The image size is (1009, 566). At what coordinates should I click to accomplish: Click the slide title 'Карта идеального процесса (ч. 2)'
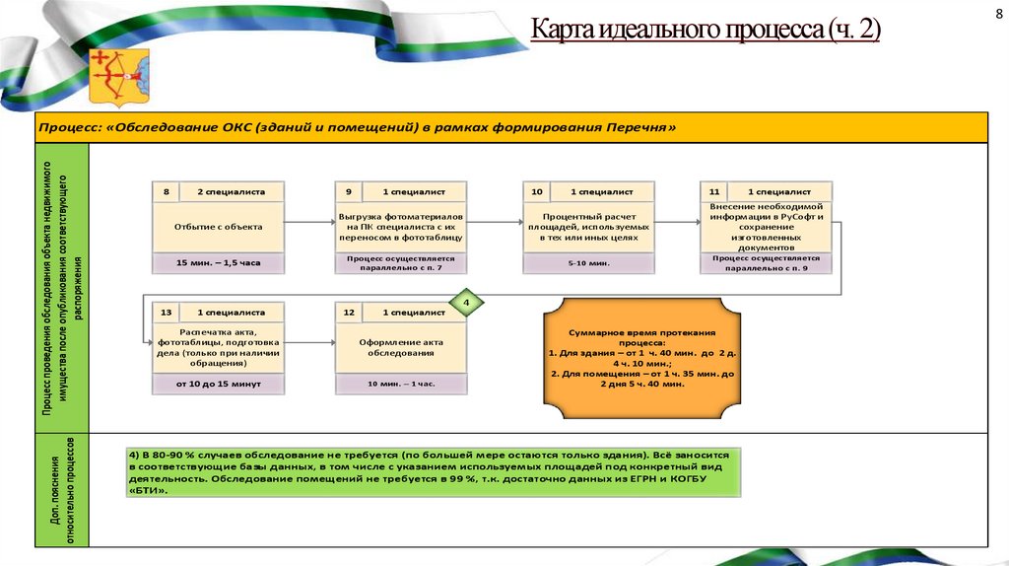click(x=706, y=31)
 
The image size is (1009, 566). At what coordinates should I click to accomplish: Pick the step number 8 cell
click(x=167, y=191)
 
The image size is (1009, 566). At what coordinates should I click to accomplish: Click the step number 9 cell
click(x=349, y=191)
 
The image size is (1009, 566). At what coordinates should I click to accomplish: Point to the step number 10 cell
click(x=537, y=191)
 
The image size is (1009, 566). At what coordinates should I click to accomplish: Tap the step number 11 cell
click(x=714, y=191)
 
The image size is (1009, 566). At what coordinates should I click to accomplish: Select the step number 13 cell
click(x=167, y=312)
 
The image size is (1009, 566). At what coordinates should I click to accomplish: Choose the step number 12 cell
click(x=349, y=312)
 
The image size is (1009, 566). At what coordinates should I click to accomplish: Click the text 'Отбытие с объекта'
click(x=219, y=227)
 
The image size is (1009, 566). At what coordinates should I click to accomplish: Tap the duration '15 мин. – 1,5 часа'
click(x=219, y=263)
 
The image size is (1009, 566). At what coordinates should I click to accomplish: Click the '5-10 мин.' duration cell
click(x=589, y=263)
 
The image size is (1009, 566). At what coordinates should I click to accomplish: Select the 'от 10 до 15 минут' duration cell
click(x=219, y=383)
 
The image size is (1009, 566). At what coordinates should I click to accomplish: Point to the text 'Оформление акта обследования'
click(x=401, y=347)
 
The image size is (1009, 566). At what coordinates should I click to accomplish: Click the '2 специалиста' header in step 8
click(x=233, y=191)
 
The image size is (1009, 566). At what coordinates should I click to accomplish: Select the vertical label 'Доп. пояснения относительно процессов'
click(x=60, y=490)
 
